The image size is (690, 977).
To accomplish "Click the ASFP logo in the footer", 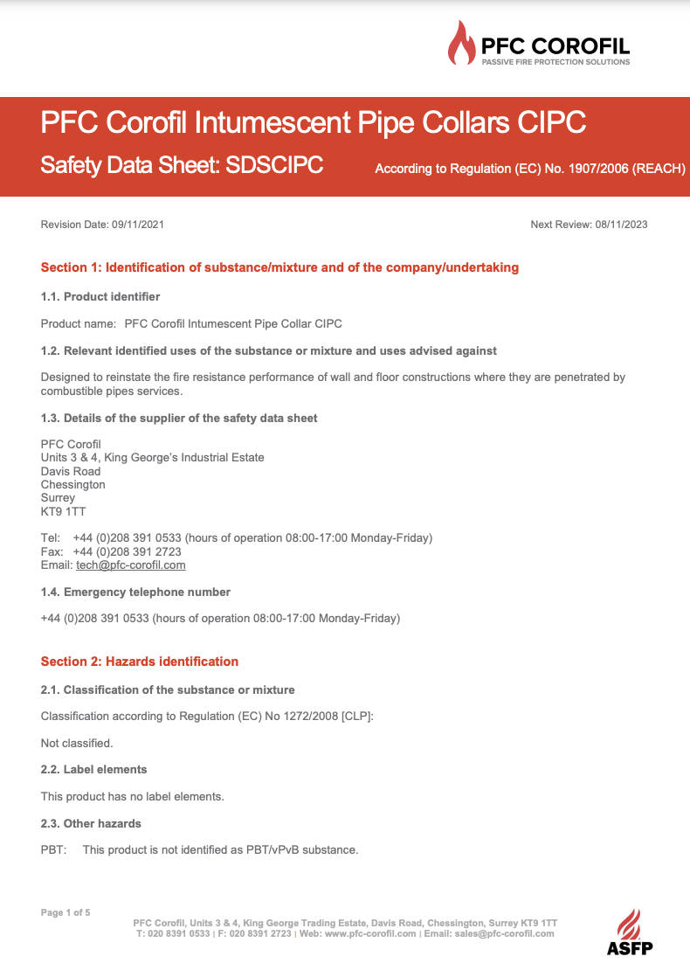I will [x=630, y=932].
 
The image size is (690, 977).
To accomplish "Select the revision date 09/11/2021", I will [x=138, y=225].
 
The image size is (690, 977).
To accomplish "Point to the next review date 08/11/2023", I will [x=621, y=225].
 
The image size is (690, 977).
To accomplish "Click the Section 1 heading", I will [x=279, y=267].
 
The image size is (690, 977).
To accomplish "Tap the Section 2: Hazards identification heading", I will [x=140, y=662].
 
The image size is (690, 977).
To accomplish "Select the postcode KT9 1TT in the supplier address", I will [x=64, y=511].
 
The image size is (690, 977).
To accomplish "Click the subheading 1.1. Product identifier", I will [x=100, y=297].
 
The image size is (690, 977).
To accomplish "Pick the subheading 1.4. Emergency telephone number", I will [x=135, y=592].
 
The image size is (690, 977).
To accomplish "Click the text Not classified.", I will [x=77, y=743].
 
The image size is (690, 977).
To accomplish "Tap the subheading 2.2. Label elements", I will [x=94, y=770].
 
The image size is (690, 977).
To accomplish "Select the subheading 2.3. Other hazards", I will [x=91, y=823].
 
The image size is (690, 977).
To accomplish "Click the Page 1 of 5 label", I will [x=66, y=912].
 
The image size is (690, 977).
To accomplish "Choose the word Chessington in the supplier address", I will [x=73, y=484].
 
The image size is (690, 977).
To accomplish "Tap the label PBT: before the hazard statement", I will [x=54, y=849].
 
